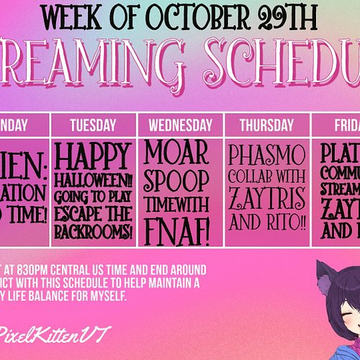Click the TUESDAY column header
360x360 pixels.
tap(94, 125)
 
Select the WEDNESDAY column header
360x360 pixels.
tap(181, 125)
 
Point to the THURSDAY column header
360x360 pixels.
tap(267, 125)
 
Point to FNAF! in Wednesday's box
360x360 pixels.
tap(180, 232)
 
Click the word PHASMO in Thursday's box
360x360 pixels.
tap(267, 155)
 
